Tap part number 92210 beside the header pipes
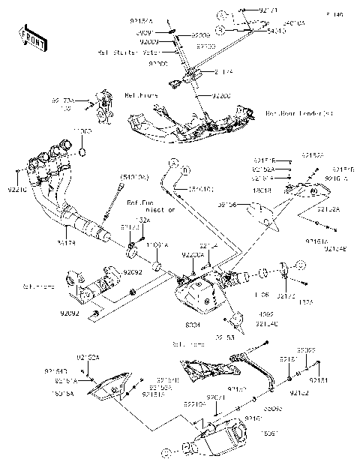[16, 191]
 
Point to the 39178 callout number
[66, 241]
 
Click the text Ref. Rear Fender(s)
[298, 113]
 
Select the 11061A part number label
[157, 244]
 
